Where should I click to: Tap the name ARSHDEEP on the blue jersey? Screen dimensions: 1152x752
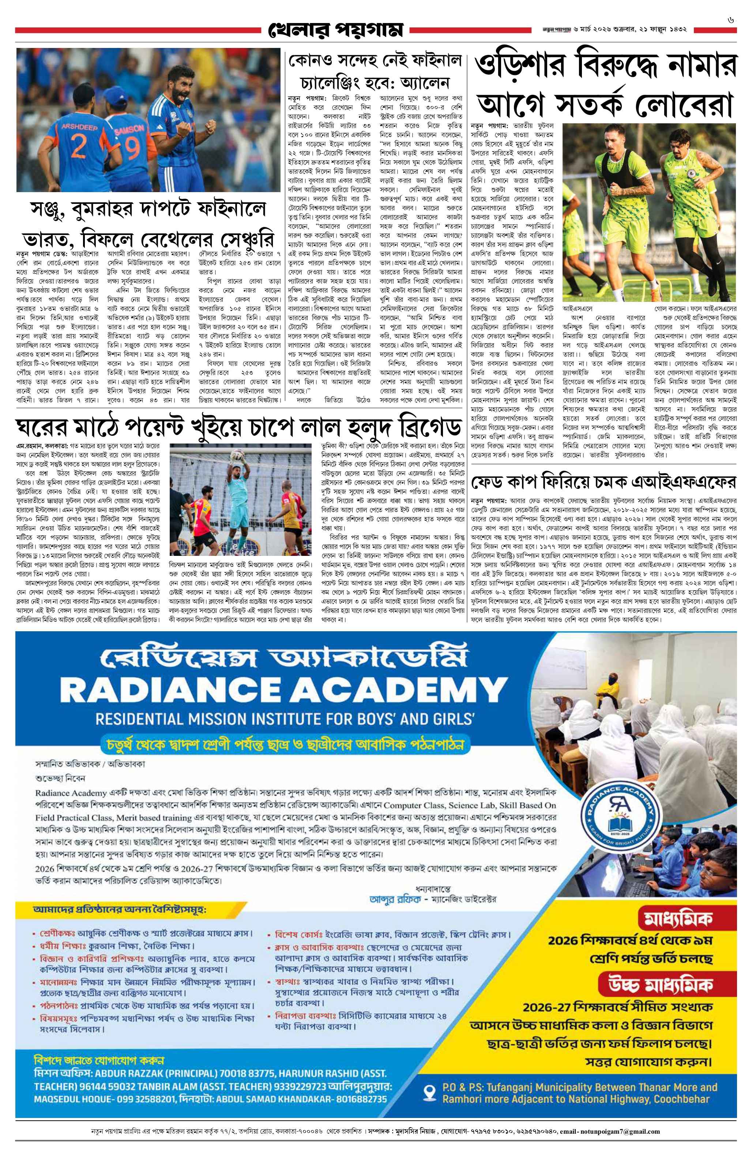(x=79, y=127)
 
